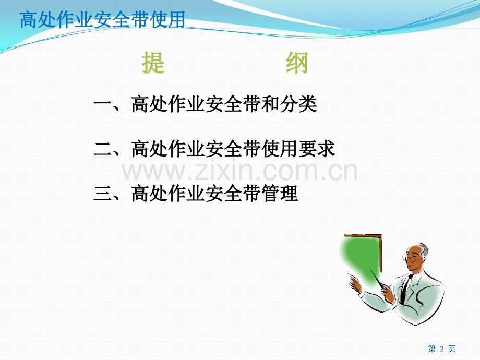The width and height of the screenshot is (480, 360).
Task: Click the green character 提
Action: pyautogui.click(x=153, y=63)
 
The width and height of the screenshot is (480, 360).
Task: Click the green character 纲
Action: pyautogui.click(x=297, y=63)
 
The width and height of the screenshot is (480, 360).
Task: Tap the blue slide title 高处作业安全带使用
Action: pyautogui.click(x=103, y=20)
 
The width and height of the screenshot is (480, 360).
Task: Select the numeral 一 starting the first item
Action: pyautogui.click(x=103, y=103)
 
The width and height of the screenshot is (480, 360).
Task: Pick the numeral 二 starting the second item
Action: pyautogui.click(x=103, y=149)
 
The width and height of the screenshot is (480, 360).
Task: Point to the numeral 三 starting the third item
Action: pyautogui.click(x=103, y=194)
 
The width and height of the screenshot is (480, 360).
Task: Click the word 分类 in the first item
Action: pyautogui.click(x=298, y=104)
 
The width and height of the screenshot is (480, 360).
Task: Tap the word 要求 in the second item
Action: pyautogui.click(x=317, y=149)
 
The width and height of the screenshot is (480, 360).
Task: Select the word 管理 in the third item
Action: pyautogui.click(x=280, y=194)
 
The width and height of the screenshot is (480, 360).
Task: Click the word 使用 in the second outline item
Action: pyautogui.click(x=280, y=149)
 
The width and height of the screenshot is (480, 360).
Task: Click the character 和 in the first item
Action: pyautogui.click(x=271, y=104)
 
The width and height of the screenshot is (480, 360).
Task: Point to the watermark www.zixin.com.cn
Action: pyautogui.click(x=239, y=172)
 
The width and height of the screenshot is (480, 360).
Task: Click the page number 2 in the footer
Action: pyautogui.click(x=442, y=349)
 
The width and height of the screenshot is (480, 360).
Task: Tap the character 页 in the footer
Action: pyautogui.click(x=452, y=349)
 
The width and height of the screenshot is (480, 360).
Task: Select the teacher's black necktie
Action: pyautogui.click(x=405, y=289)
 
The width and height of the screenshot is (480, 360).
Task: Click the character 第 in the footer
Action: pyautogui.click(x=432, y=349)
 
